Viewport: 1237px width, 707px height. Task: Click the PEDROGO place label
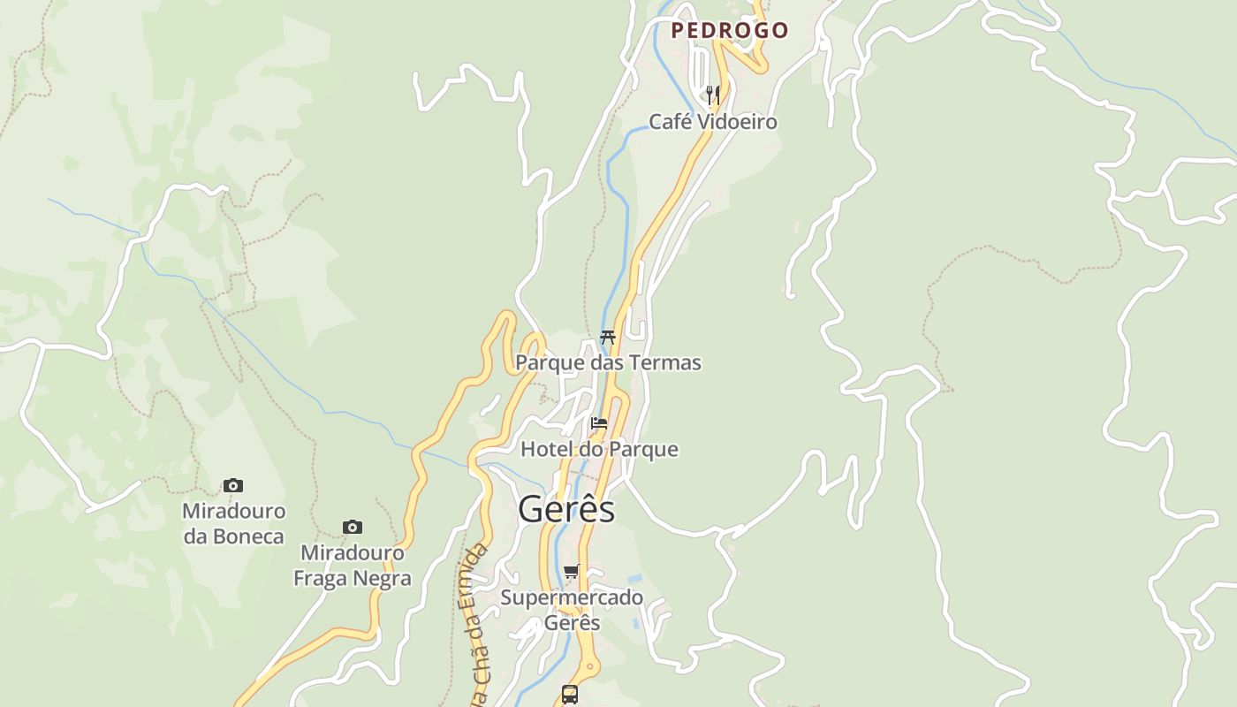pyautogui.click(x=729, y=30)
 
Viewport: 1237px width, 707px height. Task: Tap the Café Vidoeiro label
pyautogui.click(x=713, y=122)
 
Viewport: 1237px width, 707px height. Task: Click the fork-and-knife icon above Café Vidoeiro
pyautogui.click(x=713, y=94)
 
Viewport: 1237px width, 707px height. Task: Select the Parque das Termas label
pyautogui.click(x=608, y=362)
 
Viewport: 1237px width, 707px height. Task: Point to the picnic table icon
pyautogui.click(x=608, y=337)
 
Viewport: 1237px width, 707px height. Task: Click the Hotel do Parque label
pyautogui.click(x=599, y=449)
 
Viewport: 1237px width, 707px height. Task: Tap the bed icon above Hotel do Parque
pyautogui.click(x=599, y=422)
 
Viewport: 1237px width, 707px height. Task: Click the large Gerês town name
pyautogui.click(x=566, y=509)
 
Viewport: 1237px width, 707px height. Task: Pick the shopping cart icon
pyautogui.click(x=572, y=571)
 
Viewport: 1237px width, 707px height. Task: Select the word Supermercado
pyautogui.click(x=572, y=597)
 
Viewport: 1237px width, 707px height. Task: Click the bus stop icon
pyautogui.click(x=570, y=694)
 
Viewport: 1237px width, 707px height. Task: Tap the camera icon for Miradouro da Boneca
pyautogui.click(x=233, y=485)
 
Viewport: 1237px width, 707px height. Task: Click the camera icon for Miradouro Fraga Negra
pyautogui.click(x=353, y=527)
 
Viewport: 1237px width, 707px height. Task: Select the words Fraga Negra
pyautogui.click(x=353, y=579)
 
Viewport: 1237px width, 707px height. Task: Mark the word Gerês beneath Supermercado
pyautogui.click(x=572, y=622)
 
